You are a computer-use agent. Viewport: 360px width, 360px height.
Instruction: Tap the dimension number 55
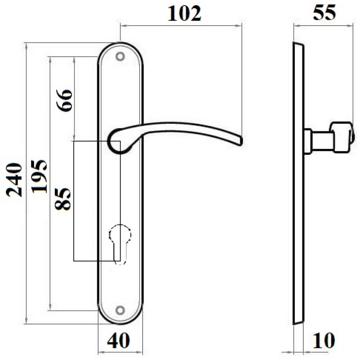coord(324,13)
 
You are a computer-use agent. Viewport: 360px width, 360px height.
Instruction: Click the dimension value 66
coord(63,101)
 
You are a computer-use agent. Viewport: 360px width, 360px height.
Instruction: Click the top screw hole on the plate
coord(120,57)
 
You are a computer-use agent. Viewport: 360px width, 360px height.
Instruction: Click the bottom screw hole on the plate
coord(120,310)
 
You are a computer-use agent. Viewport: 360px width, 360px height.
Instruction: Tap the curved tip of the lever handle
coord(238,140)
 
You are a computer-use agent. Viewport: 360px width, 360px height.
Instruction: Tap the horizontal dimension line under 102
coord(180,25)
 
